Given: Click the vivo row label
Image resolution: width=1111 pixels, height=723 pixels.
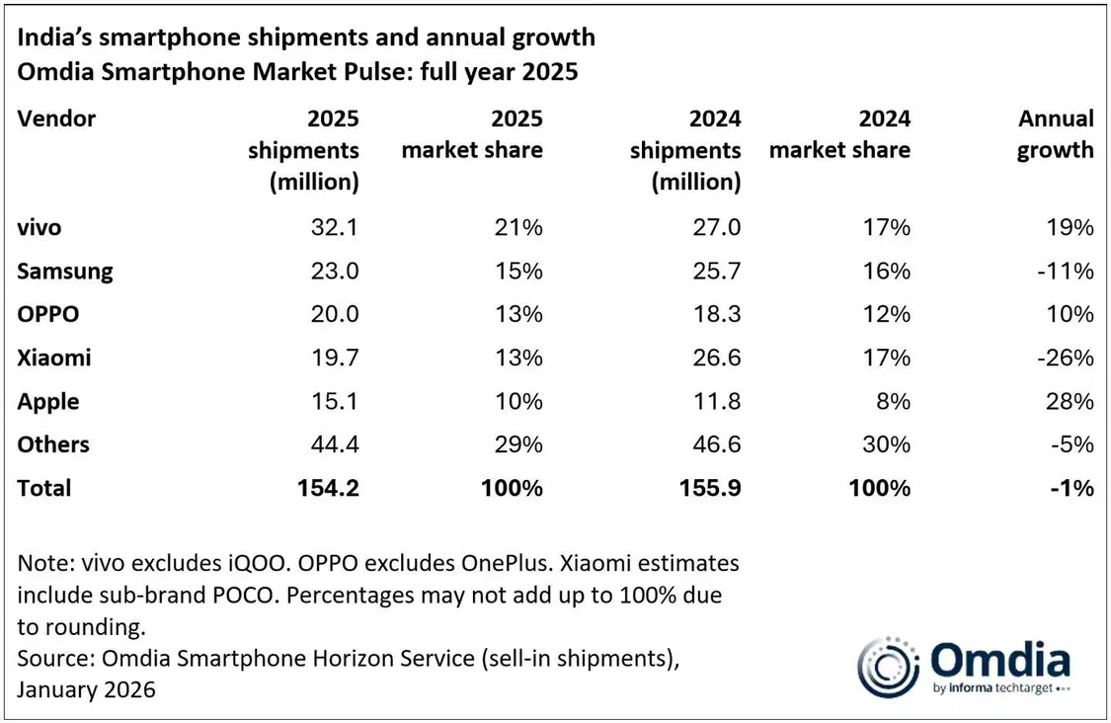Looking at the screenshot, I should point(40,228).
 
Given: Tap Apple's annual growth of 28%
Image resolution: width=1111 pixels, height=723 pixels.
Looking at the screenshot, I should point(1071,402).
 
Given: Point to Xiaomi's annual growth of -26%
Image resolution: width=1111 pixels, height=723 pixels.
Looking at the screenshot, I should point(1067,359).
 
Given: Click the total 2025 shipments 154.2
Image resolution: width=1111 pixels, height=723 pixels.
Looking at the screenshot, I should point(328,488).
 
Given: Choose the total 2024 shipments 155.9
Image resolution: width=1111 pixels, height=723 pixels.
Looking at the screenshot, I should point(710,488).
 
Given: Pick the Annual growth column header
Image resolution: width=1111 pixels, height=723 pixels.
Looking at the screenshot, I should point(1056,135).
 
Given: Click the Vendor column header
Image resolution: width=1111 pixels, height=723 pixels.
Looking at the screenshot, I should point(56,120).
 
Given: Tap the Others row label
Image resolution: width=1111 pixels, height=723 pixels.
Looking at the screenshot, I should point(53,444).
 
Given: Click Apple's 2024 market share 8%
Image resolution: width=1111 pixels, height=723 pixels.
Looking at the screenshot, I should point(894,402).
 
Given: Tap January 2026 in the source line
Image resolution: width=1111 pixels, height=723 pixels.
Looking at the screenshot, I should point(86,689).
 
